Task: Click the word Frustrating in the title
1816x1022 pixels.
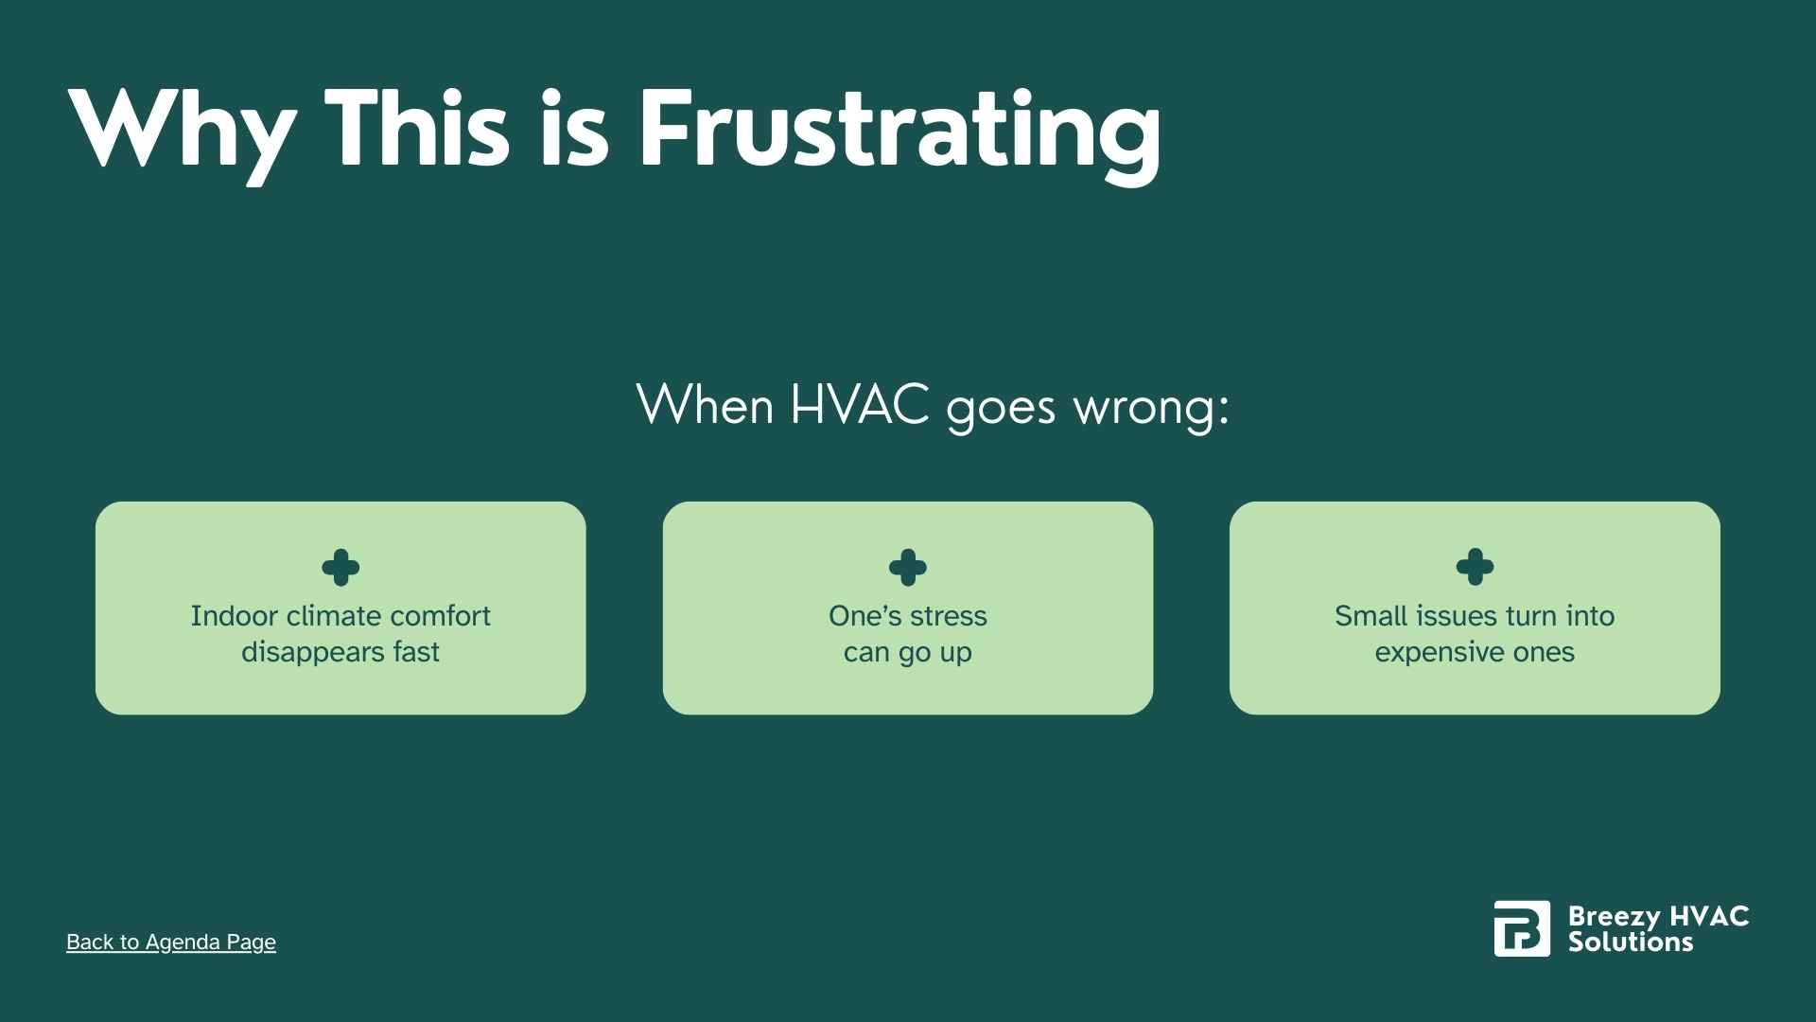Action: point(899,130)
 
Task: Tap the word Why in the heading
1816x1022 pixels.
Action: point(179,130)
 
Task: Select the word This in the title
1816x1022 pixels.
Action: point(417,130)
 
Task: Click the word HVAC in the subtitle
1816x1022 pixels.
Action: point(859,405)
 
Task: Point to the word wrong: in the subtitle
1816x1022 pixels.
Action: point(1151,407)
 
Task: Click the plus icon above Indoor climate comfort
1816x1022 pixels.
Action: point(340,568)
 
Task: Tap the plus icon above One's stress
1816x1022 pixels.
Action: point(908,568)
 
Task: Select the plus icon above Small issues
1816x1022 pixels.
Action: point(1475,568)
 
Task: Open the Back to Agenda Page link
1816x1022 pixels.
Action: point(171,942)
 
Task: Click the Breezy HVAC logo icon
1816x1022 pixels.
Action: point(1522,928)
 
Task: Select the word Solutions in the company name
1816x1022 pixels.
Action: point(1631,942)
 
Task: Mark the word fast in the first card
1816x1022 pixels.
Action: point(417,652)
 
